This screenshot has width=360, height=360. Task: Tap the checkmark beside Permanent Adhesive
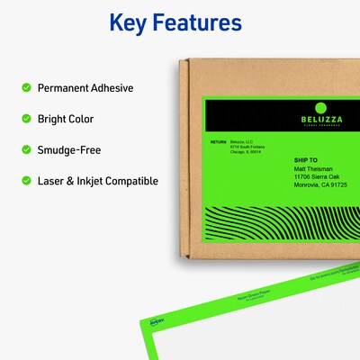coord(25,88)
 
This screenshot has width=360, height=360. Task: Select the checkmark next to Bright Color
coord(25,119)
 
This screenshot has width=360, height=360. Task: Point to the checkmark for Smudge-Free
coord(25,149)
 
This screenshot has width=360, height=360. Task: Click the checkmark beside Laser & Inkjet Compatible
coord(25,181)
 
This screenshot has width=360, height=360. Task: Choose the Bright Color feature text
coord(66,119)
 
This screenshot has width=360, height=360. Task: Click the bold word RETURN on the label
coord(219,142)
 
